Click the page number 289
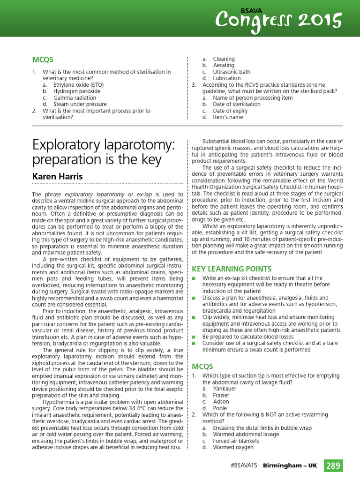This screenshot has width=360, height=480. click(x=333, y=465)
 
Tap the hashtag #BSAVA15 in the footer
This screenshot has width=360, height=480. click(x=244, y=465)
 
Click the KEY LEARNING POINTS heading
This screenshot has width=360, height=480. click(x=232, y=269)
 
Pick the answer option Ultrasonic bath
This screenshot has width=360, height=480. click(x=232, y=72)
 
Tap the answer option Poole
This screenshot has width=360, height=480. click(x=220, y=408)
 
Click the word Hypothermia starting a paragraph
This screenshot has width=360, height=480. click(x=59, y=402)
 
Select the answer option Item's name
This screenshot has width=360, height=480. click(x=228, y=117)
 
